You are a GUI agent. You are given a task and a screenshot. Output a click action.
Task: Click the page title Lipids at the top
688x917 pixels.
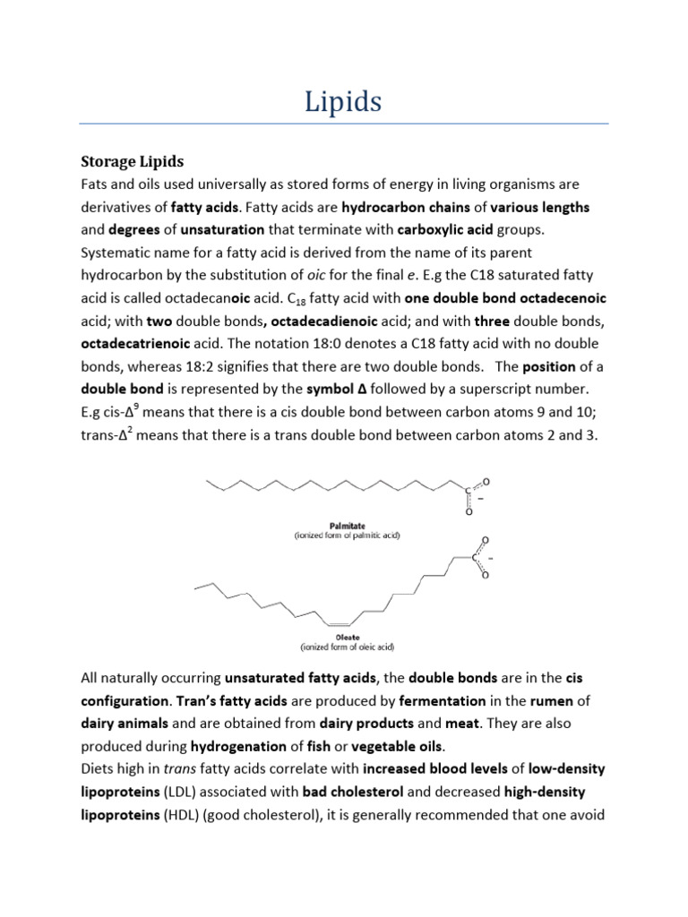tap(343, 101)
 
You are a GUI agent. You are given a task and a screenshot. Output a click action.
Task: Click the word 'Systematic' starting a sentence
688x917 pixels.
tap(116, 253)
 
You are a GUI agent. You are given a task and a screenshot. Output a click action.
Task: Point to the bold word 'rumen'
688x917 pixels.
tap(537, 699)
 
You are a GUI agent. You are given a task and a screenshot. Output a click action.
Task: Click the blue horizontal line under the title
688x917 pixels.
tap(343, 123)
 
